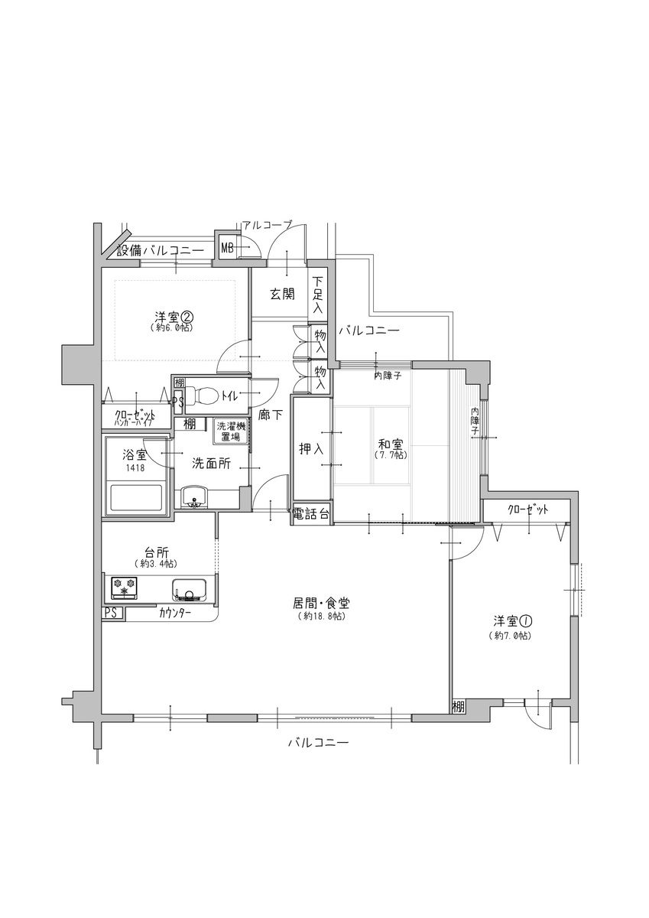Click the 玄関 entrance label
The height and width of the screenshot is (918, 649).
[x=282, y=294]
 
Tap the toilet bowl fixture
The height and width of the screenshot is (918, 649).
[x=202, y=396]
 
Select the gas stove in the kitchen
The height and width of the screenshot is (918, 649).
[x=124, y=588]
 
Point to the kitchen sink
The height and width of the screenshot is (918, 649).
[x=189, y=589]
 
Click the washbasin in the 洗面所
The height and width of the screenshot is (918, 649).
[x=194, y=496]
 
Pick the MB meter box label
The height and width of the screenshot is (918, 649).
[x=228, y=248]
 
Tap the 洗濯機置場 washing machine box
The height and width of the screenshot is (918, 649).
[x=231, y=431]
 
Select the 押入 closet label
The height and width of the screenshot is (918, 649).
[x=311, y=449]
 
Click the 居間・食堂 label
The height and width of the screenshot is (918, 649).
[x=321, y=603]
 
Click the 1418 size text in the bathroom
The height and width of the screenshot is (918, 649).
[x=135, y=467]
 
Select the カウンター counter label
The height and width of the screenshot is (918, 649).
[x=175, y=613]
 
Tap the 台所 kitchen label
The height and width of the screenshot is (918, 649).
[x=157, y=553]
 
